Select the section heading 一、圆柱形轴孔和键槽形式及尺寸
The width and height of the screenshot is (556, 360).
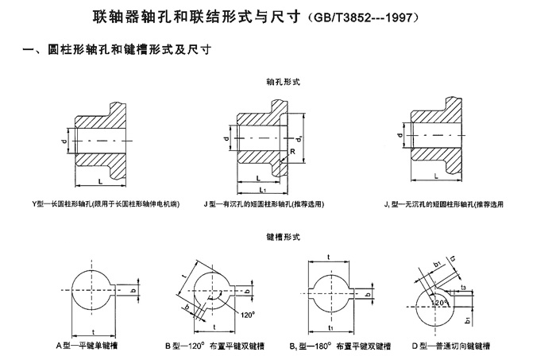click(x=120, y=50)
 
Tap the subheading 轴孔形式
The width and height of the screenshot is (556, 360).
click(x=277, y=82)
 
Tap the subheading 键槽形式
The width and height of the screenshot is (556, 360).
click(x=277, y=236)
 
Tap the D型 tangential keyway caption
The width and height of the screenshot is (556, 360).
click(x=456, y=346)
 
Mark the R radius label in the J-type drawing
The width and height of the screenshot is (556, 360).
click(x=295, y=151)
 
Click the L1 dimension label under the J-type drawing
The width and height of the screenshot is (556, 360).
click(x=265, y=191)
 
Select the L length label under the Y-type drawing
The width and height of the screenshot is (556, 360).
click(x=100, y=182)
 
